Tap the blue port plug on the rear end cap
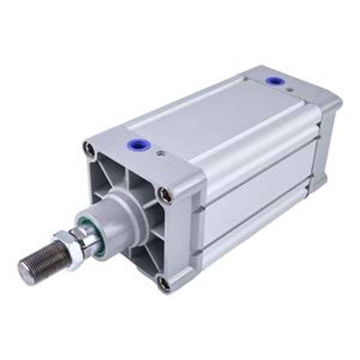(272, 81)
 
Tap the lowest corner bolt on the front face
(164, 283)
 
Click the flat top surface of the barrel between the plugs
(211, 117)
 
